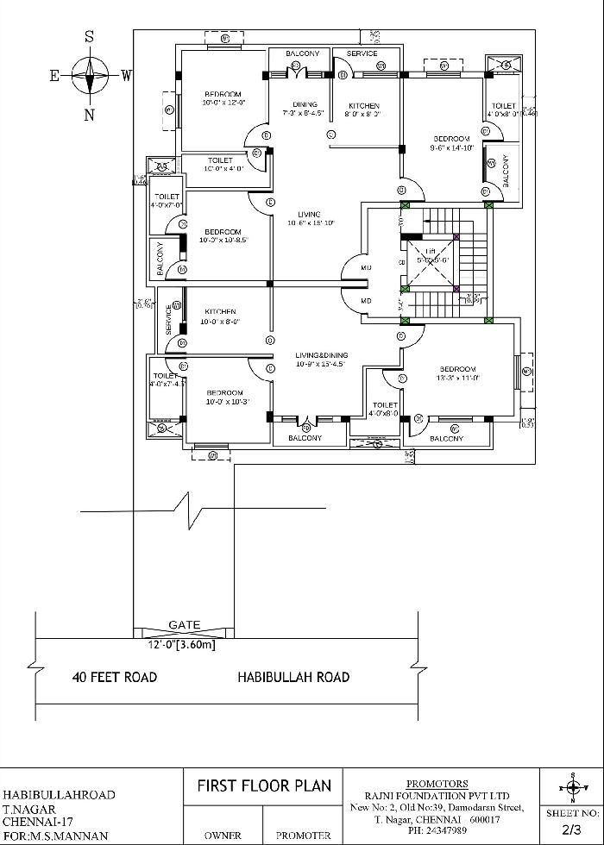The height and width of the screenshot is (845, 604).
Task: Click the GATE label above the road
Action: click(x=184, y=625)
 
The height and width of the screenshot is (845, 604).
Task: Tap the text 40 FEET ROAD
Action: click(x=114, y=677)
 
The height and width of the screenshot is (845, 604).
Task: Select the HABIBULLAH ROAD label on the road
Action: click(x=293, y=677)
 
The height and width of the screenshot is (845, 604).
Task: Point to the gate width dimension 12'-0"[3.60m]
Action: click(x=181, y=644)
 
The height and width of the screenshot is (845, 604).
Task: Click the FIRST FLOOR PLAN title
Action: click(x=264, y=786)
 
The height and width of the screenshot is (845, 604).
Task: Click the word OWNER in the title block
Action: click(x=223, y=836)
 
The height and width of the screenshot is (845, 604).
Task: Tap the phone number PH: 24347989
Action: click(x=437, y=830)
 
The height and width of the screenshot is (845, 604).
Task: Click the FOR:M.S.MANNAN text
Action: click(x=56, y=836)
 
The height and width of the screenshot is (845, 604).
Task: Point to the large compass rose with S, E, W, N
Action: click(x=89, y=76)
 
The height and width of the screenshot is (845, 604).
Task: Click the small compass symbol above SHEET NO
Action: click(x=571, y=788)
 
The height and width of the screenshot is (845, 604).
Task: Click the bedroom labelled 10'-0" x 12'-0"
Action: click(x=223, y=98)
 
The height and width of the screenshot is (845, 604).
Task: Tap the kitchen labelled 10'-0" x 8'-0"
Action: click(x=222, y=316)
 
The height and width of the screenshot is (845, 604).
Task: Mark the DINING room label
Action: click(x=305, y=109)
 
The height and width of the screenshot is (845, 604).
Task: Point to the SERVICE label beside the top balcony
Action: click(x=362, y=54)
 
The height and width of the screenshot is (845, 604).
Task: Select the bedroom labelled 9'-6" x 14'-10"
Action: click(x=451, y=143)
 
